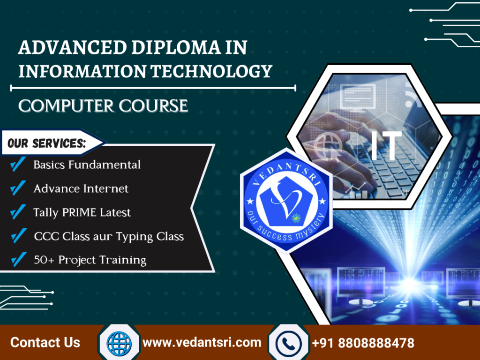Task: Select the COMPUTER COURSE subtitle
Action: (x=103, y=105)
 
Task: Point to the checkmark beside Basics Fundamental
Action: (x=18, y=165)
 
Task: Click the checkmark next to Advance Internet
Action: (x=18, y=188)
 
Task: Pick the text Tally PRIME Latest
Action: (x=82, y=212)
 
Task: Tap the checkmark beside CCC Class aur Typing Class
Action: (x=18, y=236)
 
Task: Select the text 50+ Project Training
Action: (x=90, y=260)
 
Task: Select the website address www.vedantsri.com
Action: (x=202, y=343)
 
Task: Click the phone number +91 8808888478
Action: (x=363, y=343)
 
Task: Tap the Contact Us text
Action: (x=45, y=343)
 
